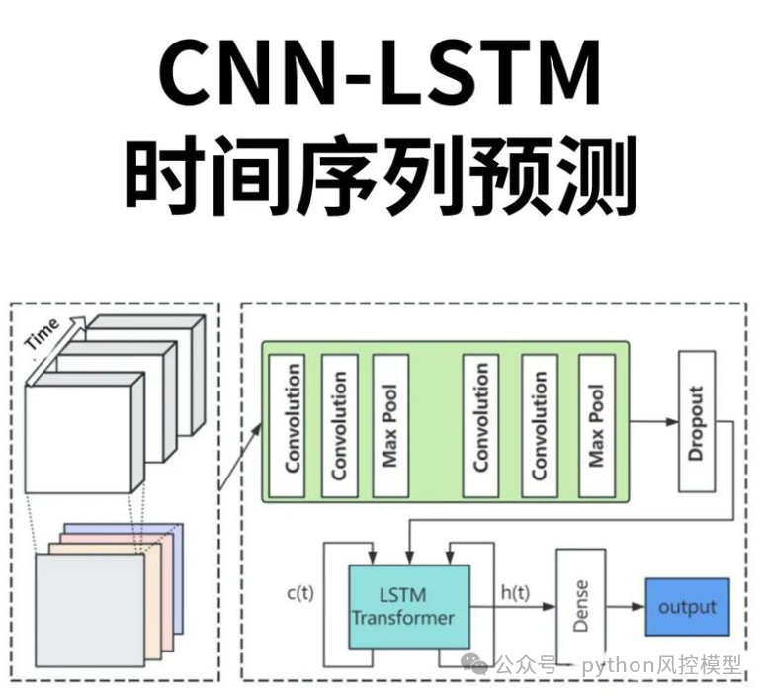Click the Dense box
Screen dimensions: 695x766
(x=580, y=606)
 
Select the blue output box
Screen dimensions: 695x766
(x=687, y=606)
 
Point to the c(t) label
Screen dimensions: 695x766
(x=300, y=593)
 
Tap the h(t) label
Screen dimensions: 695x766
(x=514, y=593)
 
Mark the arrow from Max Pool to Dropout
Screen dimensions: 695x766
(x=649, y=421)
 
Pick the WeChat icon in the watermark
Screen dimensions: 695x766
(x=480, y=663)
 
